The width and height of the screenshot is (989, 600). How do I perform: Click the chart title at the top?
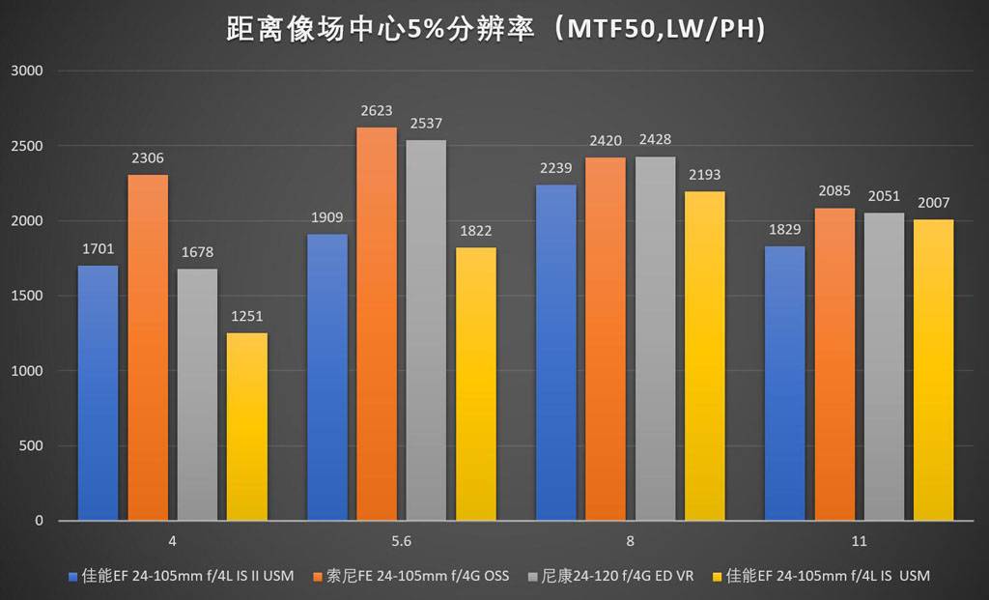(494, 29)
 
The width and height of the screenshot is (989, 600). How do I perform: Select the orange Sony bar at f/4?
(148, 348)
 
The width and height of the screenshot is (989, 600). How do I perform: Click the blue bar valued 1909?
(326, 377)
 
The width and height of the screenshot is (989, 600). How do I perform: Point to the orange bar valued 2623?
(377, 324)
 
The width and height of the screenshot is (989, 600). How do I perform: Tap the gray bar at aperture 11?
(884, 367)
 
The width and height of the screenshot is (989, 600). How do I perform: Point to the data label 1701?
(98, 250)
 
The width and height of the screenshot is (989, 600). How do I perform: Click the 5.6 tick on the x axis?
(402, 540)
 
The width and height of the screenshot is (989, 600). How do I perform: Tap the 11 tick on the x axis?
(859, 540)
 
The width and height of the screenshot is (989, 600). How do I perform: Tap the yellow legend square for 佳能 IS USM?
(716, 577)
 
